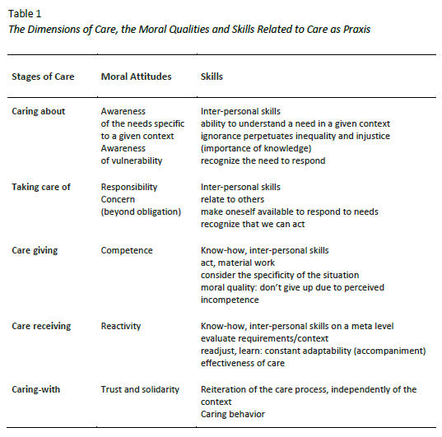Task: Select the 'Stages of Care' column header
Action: (43, 77)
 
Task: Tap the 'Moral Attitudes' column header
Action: (137, 77)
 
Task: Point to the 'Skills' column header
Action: (212, 77)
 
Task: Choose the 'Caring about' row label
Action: (39, 110)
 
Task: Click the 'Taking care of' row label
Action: (41, 187)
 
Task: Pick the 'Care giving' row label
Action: (36, 250)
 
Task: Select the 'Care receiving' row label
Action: (41, 326)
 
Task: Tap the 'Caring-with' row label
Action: (36, 389)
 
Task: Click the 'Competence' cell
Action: (128, 250)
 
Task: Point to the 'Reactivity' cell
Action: (123, 326)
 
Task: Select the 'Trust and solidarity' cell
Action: (140, 389)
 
